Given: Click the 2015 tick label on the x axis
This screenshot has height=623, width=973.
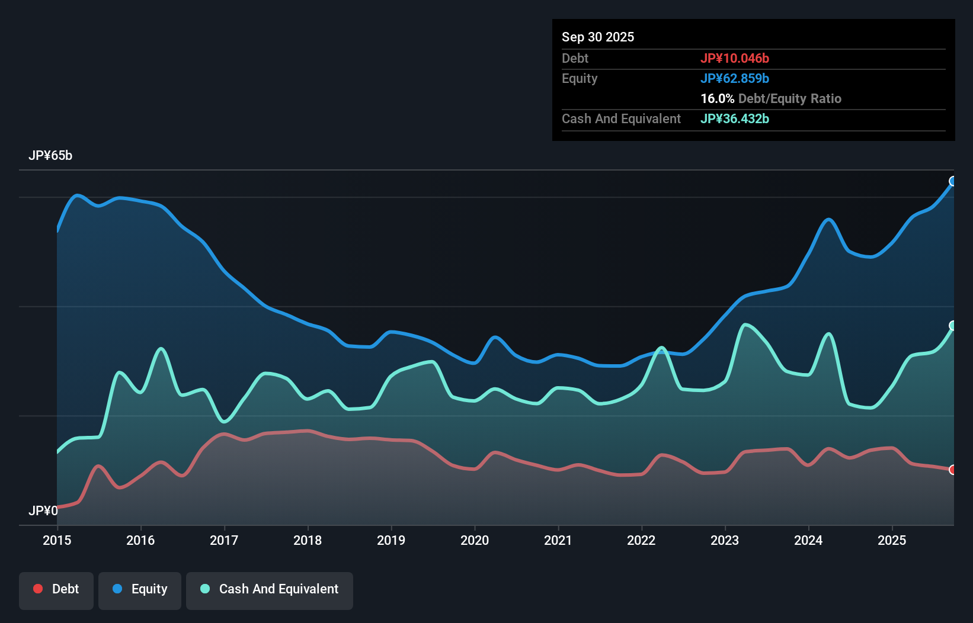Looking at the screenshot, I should (57, 540).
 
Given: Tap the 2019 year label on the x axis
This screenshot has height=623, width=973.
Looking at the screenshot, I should (391, 540).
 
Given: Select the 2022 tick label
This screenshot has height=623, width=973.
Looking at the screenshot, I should (641, 540).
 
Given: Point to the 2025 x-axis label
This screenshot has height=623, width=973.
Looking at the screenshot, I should (892, 540).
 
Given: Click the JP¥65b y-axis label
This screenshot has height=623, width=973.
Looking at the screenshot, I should (50, 156).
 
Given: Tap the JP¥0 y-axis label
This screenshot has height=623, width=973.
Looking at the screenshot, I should (43, 510).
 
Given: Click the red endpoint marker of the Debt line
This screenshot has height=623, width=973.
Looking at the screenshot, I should (953, 470).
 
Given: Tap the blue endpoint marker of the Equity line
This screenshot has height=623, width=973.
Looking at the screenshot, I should (953, 181).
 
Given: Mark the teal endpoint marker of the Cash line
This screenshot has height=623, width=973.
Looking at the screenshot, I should (953, 325).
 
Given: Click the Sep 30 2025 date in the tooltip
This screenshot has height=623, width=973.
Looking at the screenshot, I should (598, 37).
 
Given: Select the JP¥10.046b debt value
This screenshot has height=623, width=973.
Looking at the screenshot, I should (735, 58).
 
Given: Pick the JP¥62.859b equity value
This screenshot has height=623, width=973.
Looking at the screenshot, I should (735, 78).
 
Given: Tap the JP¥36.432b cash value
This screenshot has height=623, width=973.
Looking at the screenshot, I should (735, 118).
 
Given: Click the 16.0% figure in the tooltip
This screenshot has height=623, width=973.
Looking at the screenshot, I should (717, 98).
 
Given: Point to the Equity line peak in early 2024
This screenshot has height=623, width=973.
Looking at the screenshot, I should (828, 220).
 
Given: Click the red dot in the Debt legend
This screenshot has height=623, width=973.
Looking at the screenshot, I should (38, 589).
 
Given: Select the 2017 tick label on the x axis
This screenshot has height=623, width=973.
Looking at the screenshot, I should (224, 540).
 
